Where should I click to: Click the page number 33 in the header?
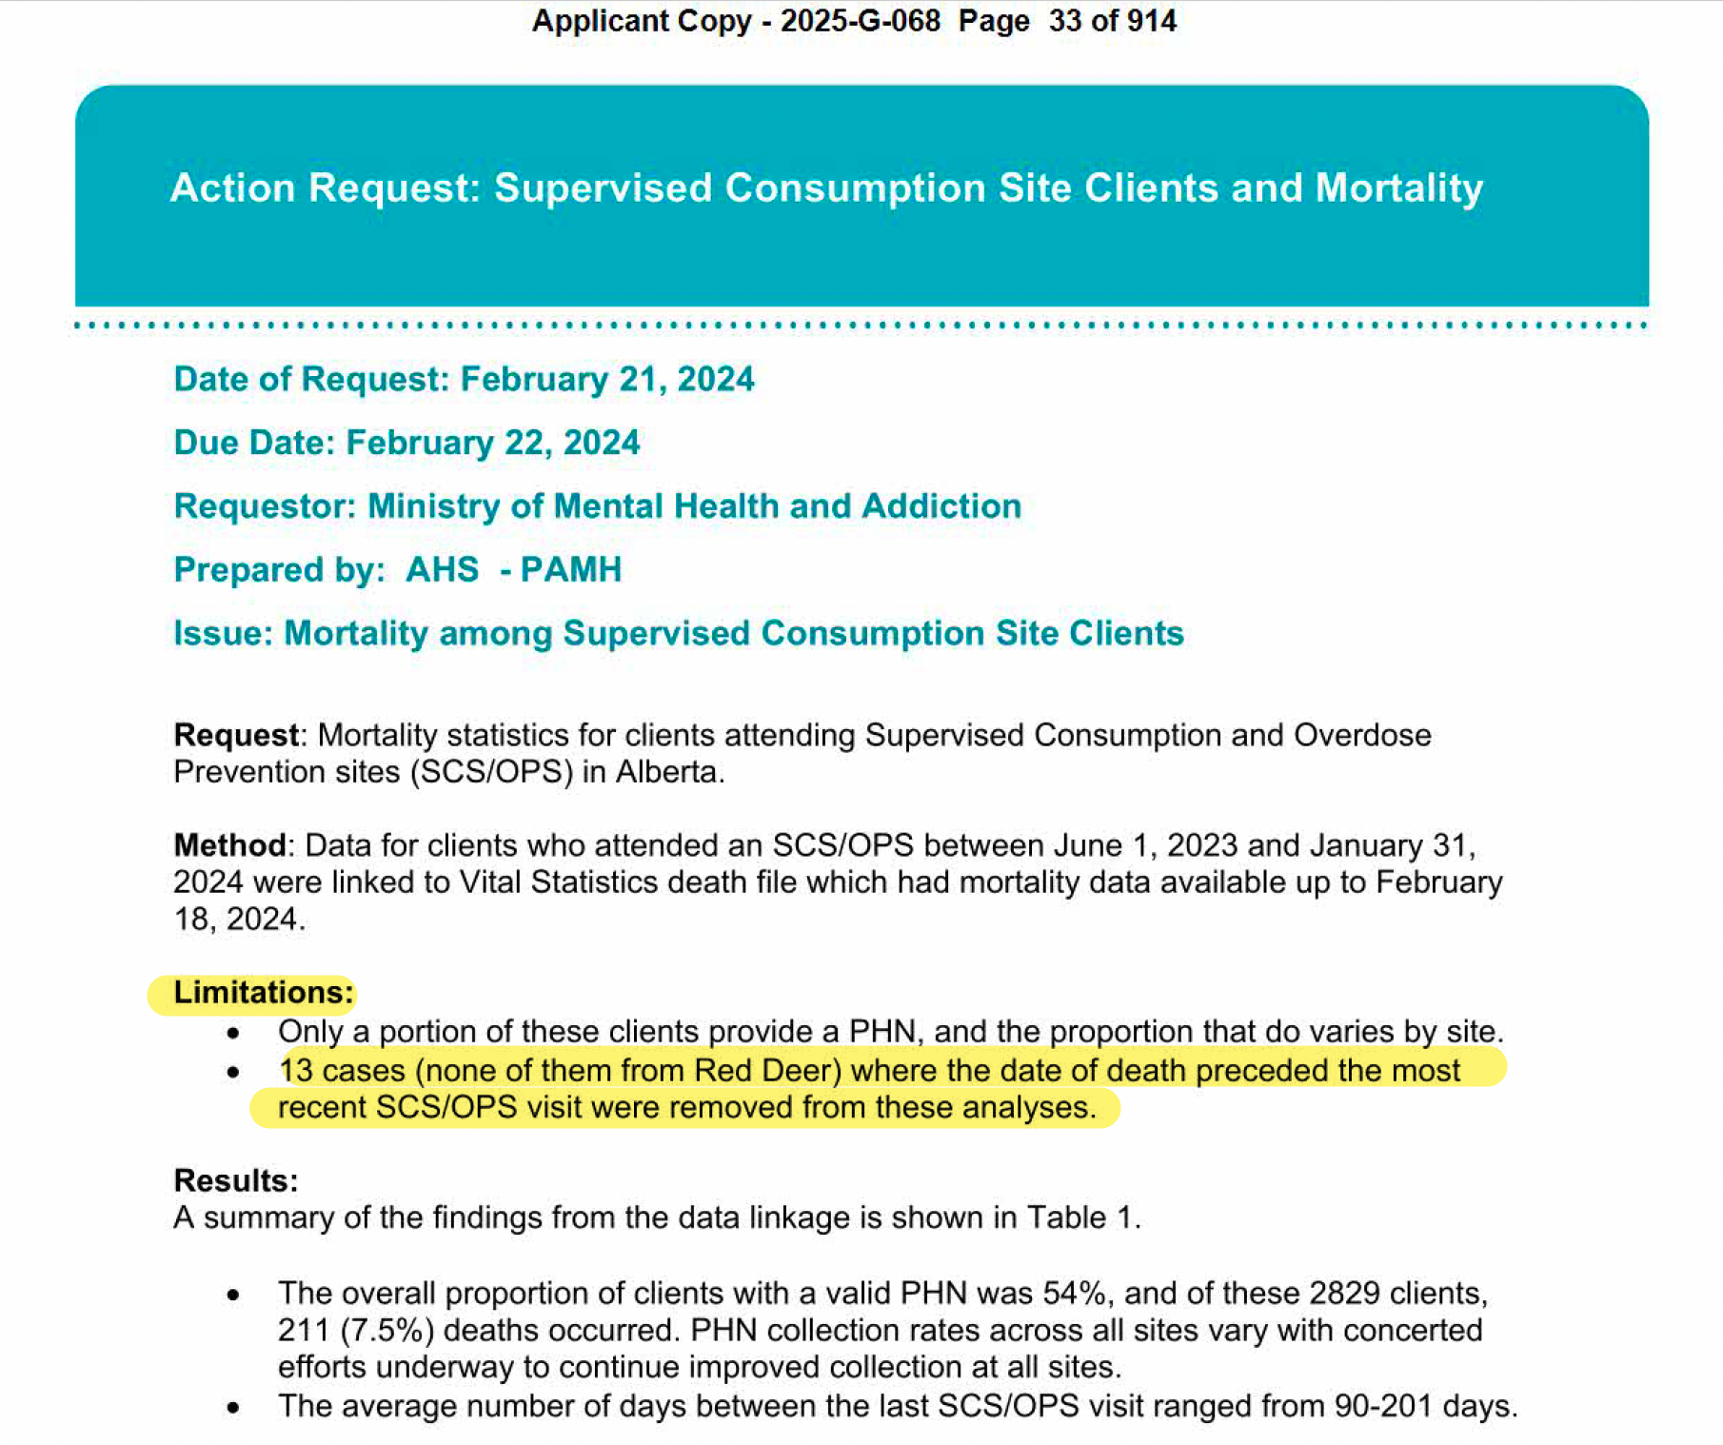(1065, 21)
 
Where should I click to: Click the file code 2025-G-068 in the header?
(860, 21)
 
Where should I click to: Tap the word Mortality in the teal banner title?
(1398, 188)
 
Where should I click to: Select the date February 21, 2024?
(607, 379)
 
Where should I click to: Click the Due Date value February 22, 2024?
(492, 443)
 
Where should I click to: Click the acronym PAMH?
(570, 569)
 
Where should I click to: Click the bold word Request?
(236, 735)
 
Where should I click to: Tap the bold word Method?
(229, 845)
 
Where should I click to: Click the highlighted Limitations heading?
(263, 993)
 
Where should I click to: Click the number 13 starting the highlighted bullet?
(296, 1070)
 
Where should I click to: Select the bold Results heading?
(236, 1180)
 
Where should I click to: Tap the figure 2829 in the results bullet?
(1344, 1293)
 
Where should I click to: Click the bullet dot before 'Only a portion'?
(233, 1033)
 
